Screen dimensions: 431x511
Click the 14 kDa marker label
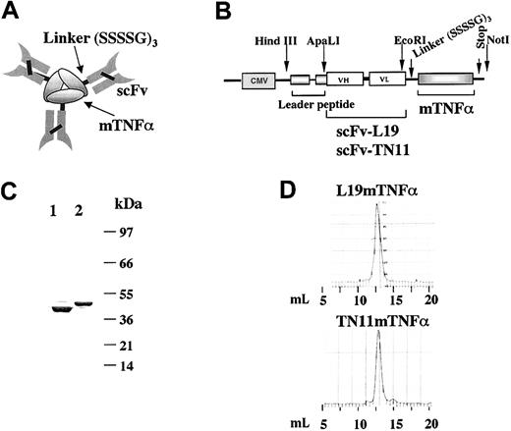[x=126, y=366]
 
